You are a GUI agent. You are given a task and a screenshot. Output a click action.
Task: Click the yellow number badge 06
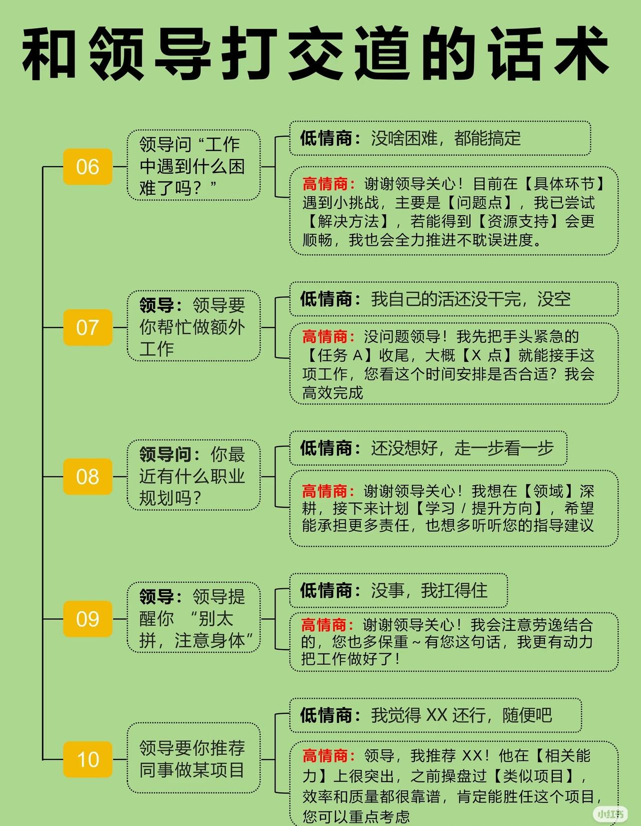88,167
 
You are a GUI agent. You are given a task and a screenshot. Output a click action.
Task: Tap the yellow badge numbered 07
88,327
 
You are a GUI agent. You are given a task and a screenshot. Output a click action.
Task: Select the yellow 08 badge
88,476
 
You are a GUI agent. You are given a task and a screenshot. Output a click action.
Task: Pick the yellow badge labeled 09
88,619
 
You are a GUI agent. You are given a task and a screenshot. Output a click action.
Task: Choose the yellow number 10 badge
88,759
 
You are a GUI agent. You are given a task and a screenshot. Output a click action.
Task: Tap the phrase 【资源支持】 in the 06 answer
518,221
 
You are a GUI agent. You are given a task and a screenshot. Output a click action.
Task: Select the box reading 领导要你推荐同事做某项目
193,758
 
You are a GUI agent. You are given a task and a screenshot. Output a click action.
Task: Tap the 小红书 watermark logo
609,813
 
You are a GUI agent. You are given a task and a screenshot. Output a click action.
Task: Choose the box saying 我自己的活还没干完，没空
453,299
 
